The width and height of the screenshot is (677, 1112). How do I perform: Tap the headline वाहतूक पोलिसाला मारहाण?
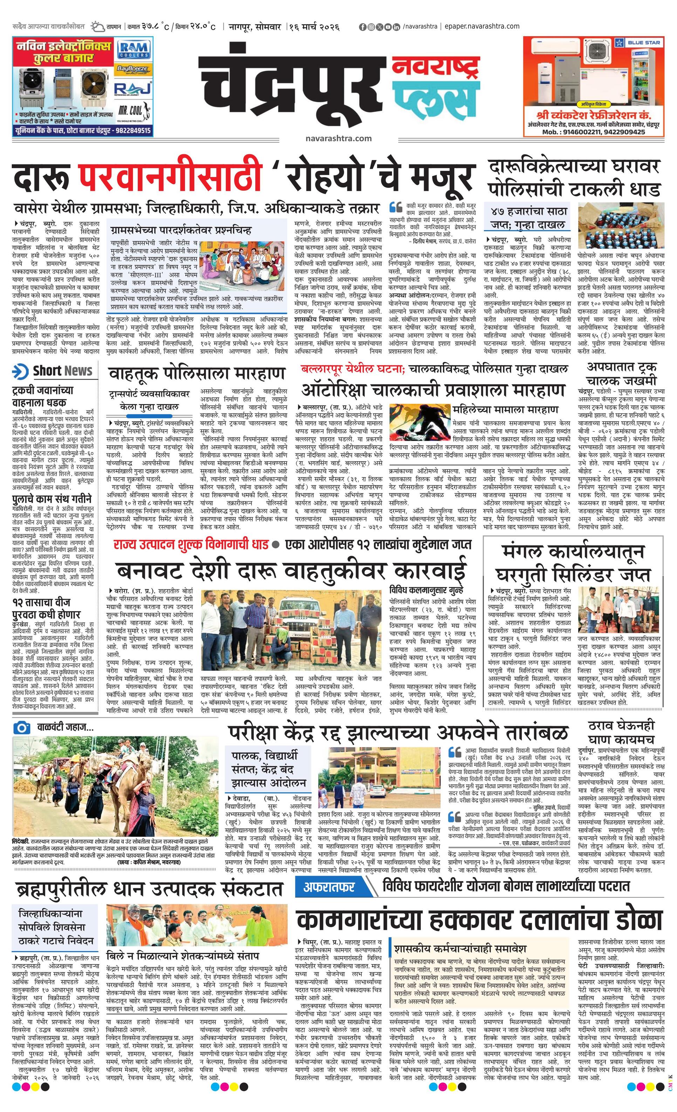[x=197, y=374]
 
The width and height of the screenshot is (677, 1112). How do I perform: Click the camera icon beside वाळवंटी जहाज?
[x=21, y=728]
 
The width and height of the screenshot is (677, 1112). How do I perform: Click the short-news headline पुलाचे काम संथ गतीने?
[x=52, y=499]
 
